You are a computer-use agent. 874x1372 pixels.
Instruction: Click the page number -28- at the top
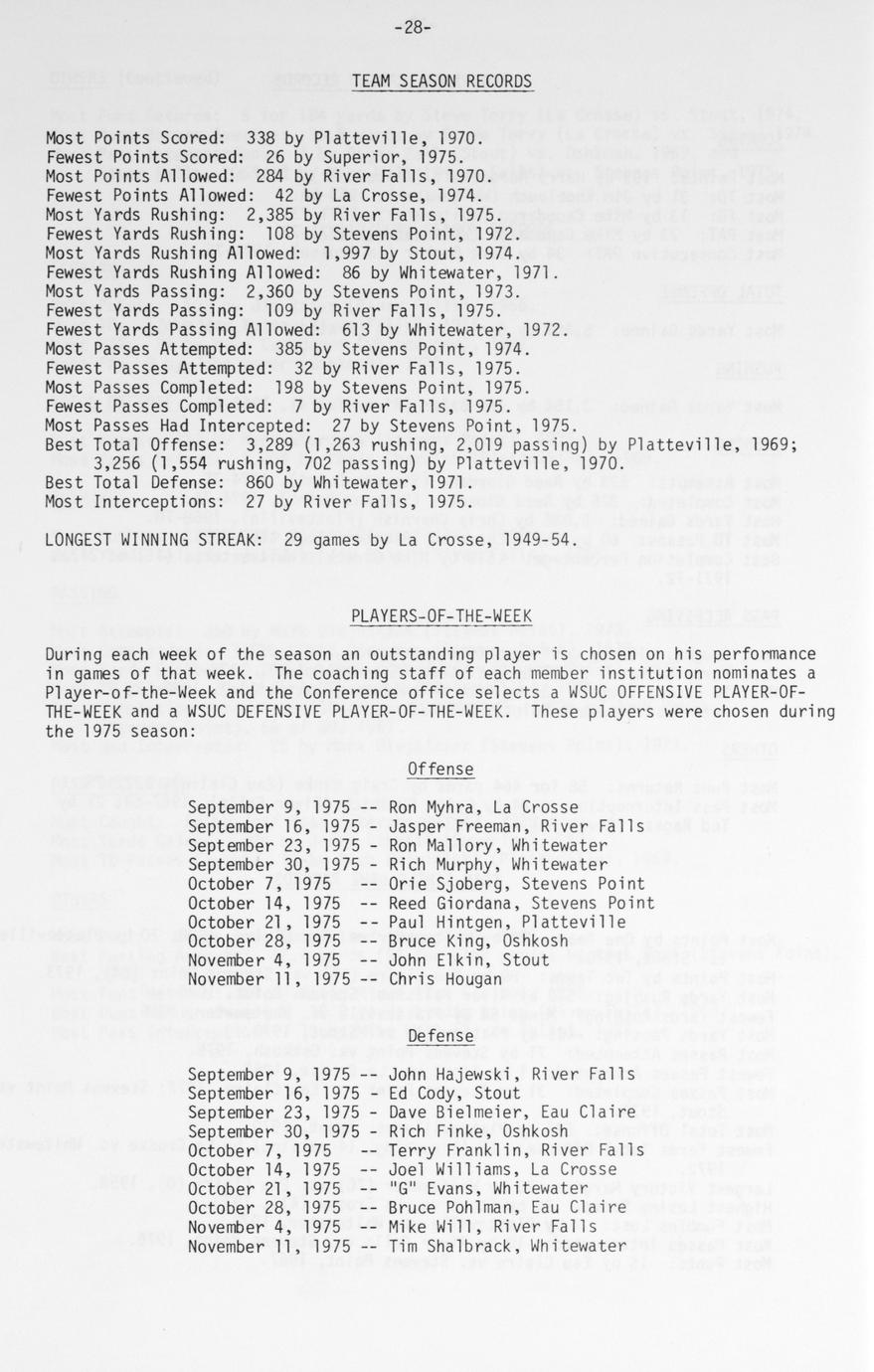[412, 28]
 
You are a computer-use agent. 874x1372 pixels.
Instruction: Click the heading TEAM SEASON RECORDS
[442, 82]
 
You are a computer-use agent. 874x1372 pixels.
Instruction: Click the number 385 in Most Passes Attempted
[279, 349]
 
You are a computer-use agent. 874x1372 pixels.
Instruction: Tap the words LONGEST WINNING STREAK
[148, 540]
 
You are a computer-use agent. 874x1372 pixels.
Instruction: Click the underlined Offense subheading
[440, 770]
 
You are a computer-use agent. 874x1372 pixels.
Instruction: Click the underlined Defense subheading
[440, 1037]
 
